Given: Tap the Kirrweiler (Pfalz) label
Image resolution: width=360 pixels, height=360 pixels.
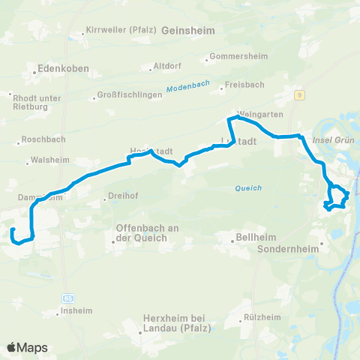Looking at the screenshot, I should tap(120, 30).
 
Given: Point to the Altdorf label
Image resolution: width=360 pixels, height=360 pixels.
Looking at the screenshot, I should tap(166, 65).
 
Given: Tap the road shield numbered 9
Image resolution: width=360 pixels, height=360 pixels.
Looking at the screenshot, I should tap(299, 94).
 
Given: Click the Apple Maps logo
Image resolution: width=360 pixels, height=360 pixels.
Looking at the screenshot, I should tap(27, 347).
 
